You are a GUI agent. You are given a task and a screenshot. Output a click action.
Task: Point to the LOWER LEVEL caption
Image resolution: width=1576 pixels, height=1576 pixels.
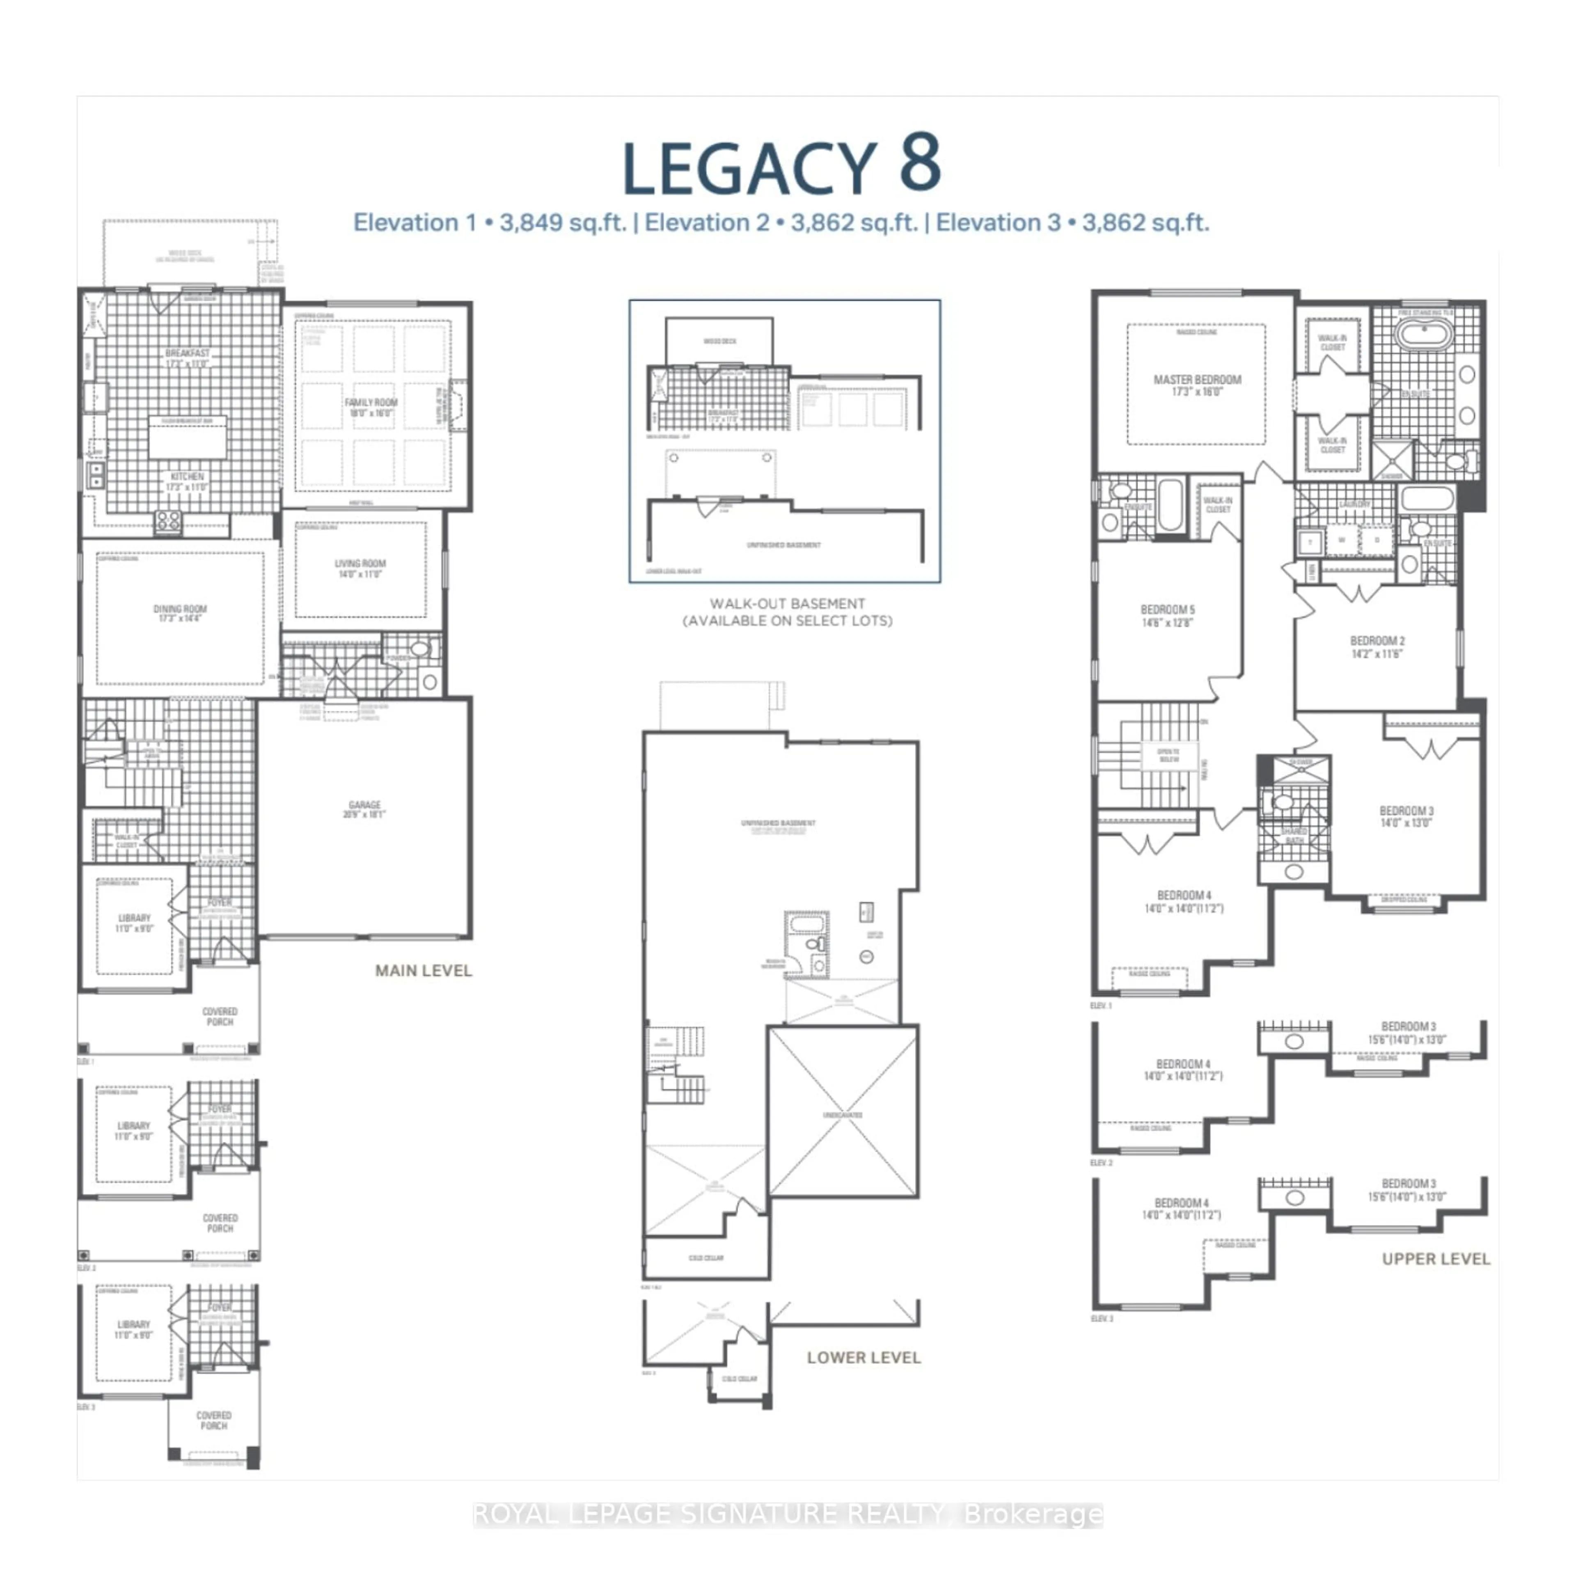click(x=863, y=1357)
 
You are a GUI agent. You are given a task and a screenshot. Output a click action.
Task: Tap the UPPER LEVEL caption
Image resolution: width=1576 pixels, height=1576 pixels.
click(x=1436, y=1259)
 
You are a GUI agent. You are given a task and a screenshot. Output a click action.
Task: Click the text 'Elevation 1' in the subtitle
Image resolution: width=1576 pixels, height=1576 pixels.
click(x=415, y=223)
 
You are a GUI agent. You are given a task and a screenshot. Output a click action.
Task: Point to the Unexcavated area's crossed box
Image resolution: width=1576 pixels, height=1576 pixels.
click(x=843, y=1112)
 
